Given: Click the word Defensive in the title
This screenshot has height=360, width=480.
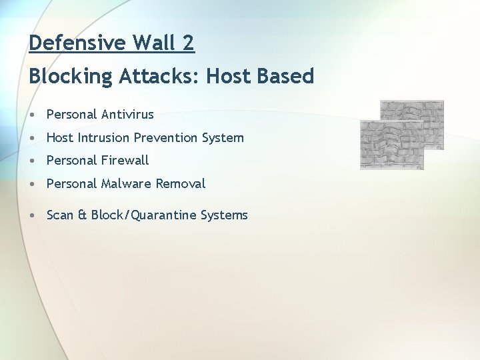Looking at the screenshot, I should pos(77,43).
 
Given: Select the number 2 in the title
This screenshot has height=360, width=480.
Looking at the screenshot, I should pos(188,43).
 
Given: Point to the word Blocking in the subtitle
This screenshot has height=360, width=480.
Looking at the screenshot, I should pos(71,77).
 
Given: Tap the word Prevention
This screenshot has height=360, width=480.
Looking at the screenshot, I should pos(166,138).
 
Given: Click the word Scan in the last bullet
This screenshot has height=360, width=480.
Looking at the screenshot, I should pos(60,215).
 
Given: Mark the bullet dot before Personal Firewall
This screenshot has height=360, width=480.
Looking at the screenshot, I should pos(33,161).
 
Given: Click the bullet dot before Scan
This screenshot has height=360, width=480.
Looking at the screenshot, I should pos(33,216).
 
